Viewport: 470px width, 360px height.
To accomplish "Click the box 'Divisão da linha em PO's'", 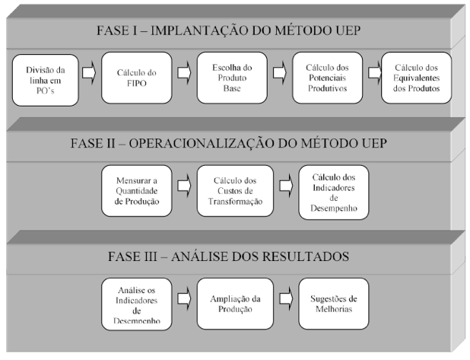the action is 46,80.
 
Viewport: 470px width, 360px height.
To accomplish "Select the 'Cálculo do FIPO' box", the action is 137,78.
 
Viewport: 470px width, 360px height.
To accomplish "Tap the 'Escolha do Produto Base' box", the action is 232,78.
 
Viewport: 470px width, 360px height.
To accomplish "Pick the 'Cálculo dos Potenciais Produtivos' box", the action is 327,78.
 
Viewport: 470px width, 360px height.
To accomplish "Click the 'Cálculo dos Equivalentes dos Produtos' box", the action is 416,78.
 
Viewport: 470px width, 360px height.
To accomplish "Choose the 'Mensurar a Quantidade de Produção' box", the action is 137,191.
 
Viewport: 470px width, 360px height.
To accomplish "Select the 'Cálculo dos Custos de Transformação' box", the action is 235,191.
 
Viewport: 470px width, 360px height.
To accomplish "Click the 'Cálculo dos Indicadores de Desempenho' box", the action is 334,193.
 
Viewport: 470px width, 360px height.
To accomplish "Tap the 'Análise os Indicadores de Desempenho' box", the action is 137,304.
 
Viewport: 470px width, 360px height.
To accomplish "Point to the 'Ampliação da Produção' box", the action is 235,304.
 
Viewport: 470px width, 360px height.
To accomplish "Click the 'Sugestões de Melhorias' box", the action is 334,304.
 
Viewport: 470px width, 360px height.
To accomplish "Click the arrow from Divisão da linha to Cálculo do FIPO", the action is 89,73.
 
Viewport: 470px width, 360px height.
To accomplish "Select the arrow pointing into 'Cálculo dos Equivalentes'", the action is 375,73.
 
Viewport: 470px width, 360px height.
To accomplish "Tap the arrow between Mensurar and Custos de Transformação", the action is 184,186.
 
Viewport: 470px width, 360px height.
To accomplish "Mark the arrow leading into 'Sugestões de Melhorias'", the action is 286,299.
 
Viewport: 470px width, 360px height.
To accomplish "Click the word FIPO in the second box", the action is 137,83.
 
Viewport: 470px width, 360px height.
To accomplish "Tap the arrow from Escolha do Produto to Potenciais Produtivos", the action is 280,73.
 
